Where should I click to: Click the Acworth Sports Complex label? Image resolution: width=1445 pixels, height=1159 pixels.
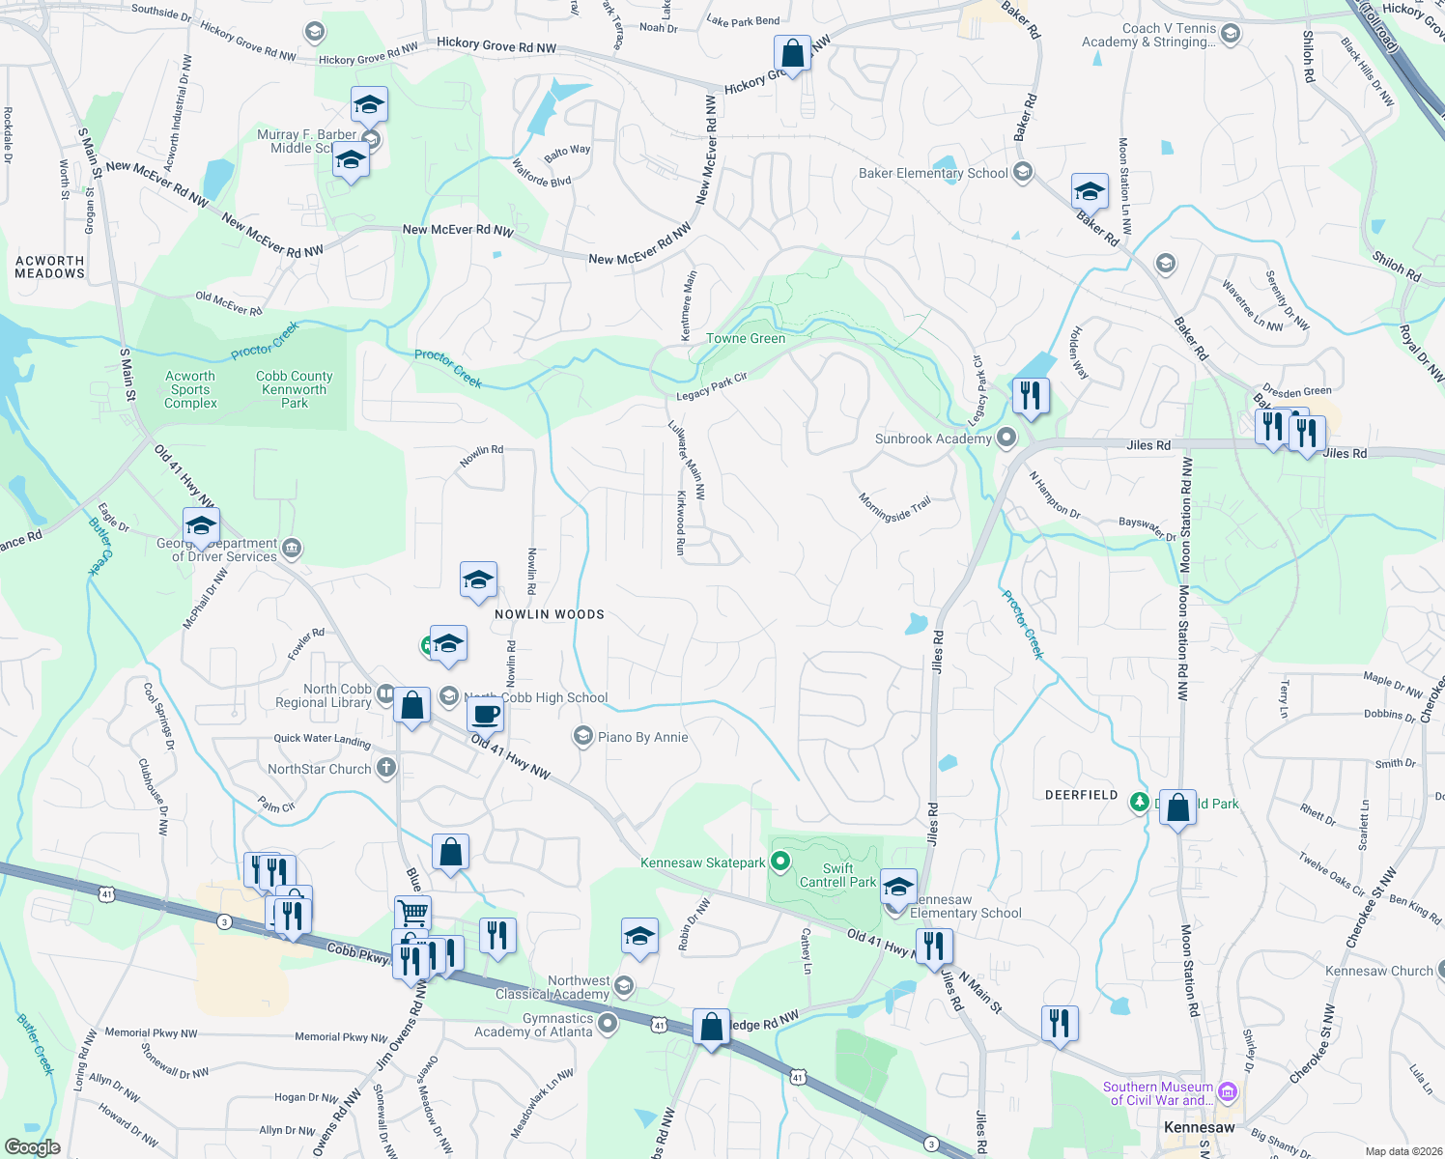[190, 390]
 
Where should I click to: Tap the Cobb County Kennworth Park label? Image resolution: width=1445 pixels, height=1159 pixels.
[294, 390]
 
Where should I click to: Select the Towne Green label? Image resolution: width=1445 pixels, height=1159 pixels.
[746, 339]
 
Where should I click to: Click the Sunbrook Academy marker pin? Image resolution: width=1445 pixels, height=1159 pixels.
[1006, 438]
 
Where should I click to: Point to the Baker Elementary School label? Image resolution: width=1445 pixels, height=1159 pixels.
[933, 174]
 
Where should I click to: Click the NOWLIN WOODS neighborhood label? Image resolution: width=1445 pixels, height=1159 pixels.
[549, 614]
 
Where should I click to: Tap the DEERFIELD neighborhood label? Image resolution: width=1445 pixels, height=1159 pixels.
[1081, 795]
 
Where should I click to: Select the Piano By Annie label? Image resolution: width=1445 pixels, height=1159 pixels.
[642, 738]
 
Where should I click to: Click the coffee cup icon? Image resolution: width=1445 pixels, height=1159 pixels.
[485, 715]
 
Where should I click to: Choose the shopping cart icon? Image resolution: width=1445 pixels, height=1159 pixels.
[412, 911]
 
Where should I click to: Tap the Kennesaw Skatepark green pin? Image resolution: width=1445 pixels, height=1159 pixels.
[781, 862]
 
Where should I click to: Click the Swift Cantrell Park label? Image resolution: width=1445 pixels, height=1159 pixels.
[837, 875]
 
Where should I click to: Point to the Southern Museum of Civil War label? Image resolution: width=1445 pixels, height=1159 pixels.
[1157, 1093]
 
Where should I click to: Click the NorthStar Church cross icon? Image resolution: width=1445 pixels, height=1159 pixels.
[385, 769]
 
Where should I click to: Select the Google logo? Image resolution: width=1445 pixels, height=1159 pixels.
[32, 1147]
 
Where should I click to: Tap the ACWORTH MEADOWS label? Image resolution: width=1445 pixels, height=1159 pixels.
[50, 268]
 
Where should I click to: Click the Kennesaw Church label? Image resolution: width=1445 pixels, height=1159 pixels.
[1378, 972]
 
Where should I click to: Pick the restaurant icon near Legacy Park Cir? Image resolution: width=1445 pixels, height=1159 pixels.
[1031, 396]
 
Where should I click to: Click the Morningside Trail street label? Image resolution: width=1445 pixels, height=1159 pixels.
[894, 509]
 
